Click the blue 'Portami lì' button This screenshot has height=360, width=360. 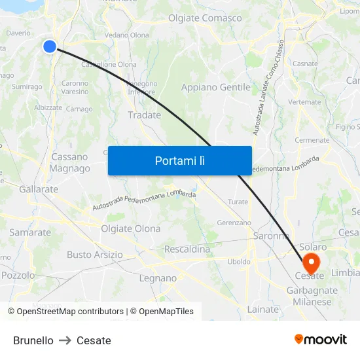point(179,160)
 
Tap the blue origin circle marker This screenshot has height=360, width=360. point(50,46)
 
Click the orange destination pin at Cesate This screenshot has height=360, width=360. point(310,263)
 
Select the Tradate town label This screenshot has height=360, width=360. point(144,115)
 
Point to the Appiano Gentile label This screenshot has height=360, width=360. point(216,88)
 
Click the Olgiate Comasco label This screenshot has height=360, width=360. point(205,18)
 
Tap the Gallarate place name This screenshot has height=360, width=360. point(39,189)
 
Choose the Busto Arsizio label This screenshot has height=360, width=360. point(94,255)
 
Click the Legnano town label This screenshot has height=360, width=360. point(158,278)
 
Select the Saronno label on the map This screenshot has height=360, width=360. point(271,236)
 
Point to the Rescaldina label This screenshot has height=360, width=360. point(187,249)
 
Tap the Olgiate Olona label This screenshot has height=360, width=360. point(130,228)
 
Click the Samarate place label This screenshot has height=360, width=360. point(30,232)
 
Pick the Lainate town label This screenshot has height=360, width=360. point(263,309)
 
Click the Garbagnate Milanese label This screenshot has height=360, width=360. point(312,295)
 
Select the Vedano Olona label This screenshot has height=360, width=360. point(127,35)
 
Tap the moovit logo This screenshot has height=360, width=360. point(320,339)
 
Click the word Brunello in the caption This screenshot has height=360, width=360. point(33,340)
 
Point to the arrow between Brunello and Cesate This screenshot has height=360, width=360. point(65,340)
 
